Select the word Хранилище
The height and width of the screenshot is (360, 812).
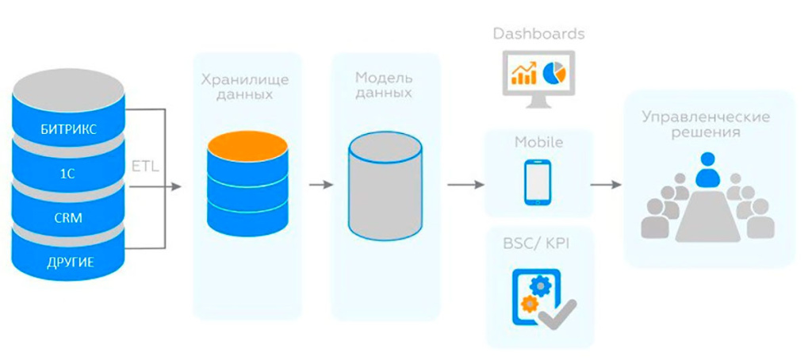[x=244, y=80]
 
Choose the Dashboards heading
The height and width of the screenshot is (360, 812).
[x=538, y=34]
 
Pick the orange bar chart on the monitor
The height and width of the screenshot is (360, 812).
[x=523, y=74]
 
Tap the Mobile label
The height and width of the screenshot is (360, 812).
[x=538, y=143]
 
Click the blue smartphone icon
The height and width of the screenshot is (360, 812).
[x=537, y=182]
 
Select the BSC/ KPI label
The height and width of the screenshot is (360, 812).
[x=537, y=243]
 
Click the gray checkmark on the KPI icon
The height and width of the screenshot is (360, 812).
[x=557, y=315]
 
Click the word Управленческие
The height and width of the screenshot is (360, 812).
[x=706, y=117]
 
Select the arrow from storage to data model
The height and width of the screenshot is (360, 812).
[x=320, y=186]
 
